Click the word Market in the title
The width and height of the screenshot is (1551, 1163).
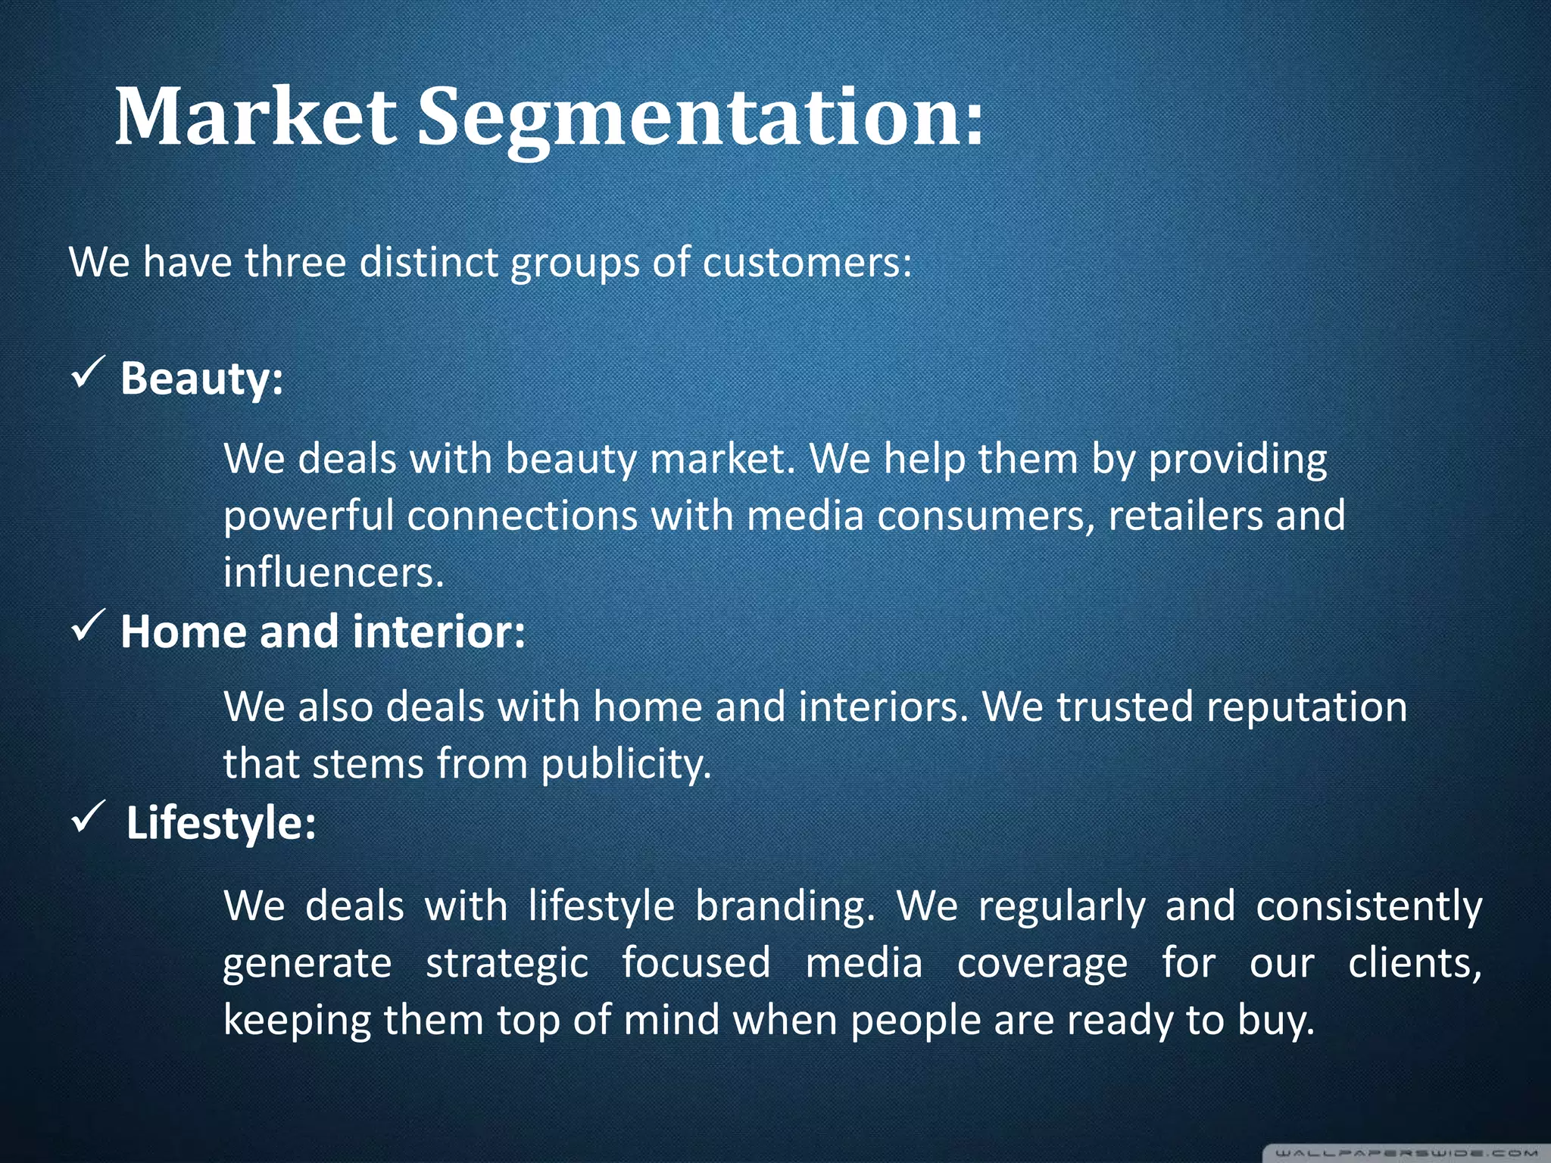pyautogui.click(x=255, y=117)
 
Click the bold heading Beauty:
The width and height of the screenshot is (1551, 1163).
pyautogui.click(x=201, y=378)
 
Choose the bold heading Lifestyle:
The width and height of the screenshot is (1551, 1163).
pyautogui.click(x=220, y=823)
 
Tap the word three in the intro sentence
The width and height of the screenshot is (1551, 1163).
pyautogui.click(x=295, y=263)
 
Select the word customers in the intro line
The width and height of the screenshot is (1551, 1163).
pyautogui.click(x=807, y=263)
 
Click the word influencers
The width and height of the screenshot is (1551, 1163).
pyautogui.click(x=333, y=572)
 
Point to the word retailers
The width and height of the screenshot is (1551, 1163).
pyautogui.click(x=1185, y=516)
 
